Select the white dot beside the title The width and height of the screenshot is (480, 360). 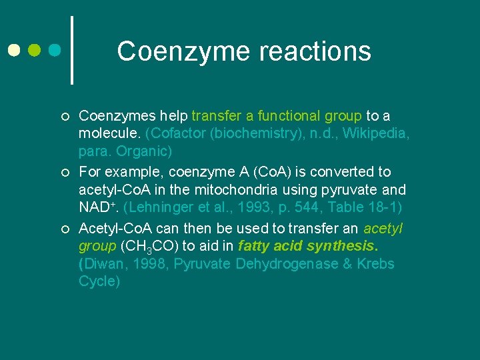[x=14, y=50]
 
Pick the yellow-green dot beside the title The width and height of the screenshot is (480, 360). [x=35, y=50]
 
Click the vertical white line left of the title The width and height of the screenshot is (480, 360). [x=71, y=50]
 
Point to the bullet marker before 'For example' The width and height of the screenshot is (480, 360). [x=63, y=173]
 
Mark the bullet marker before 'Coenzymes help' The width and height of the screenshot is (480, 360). [x=63, y=117]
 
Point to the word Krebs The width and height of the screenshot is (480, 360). [x=376, y=264]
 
